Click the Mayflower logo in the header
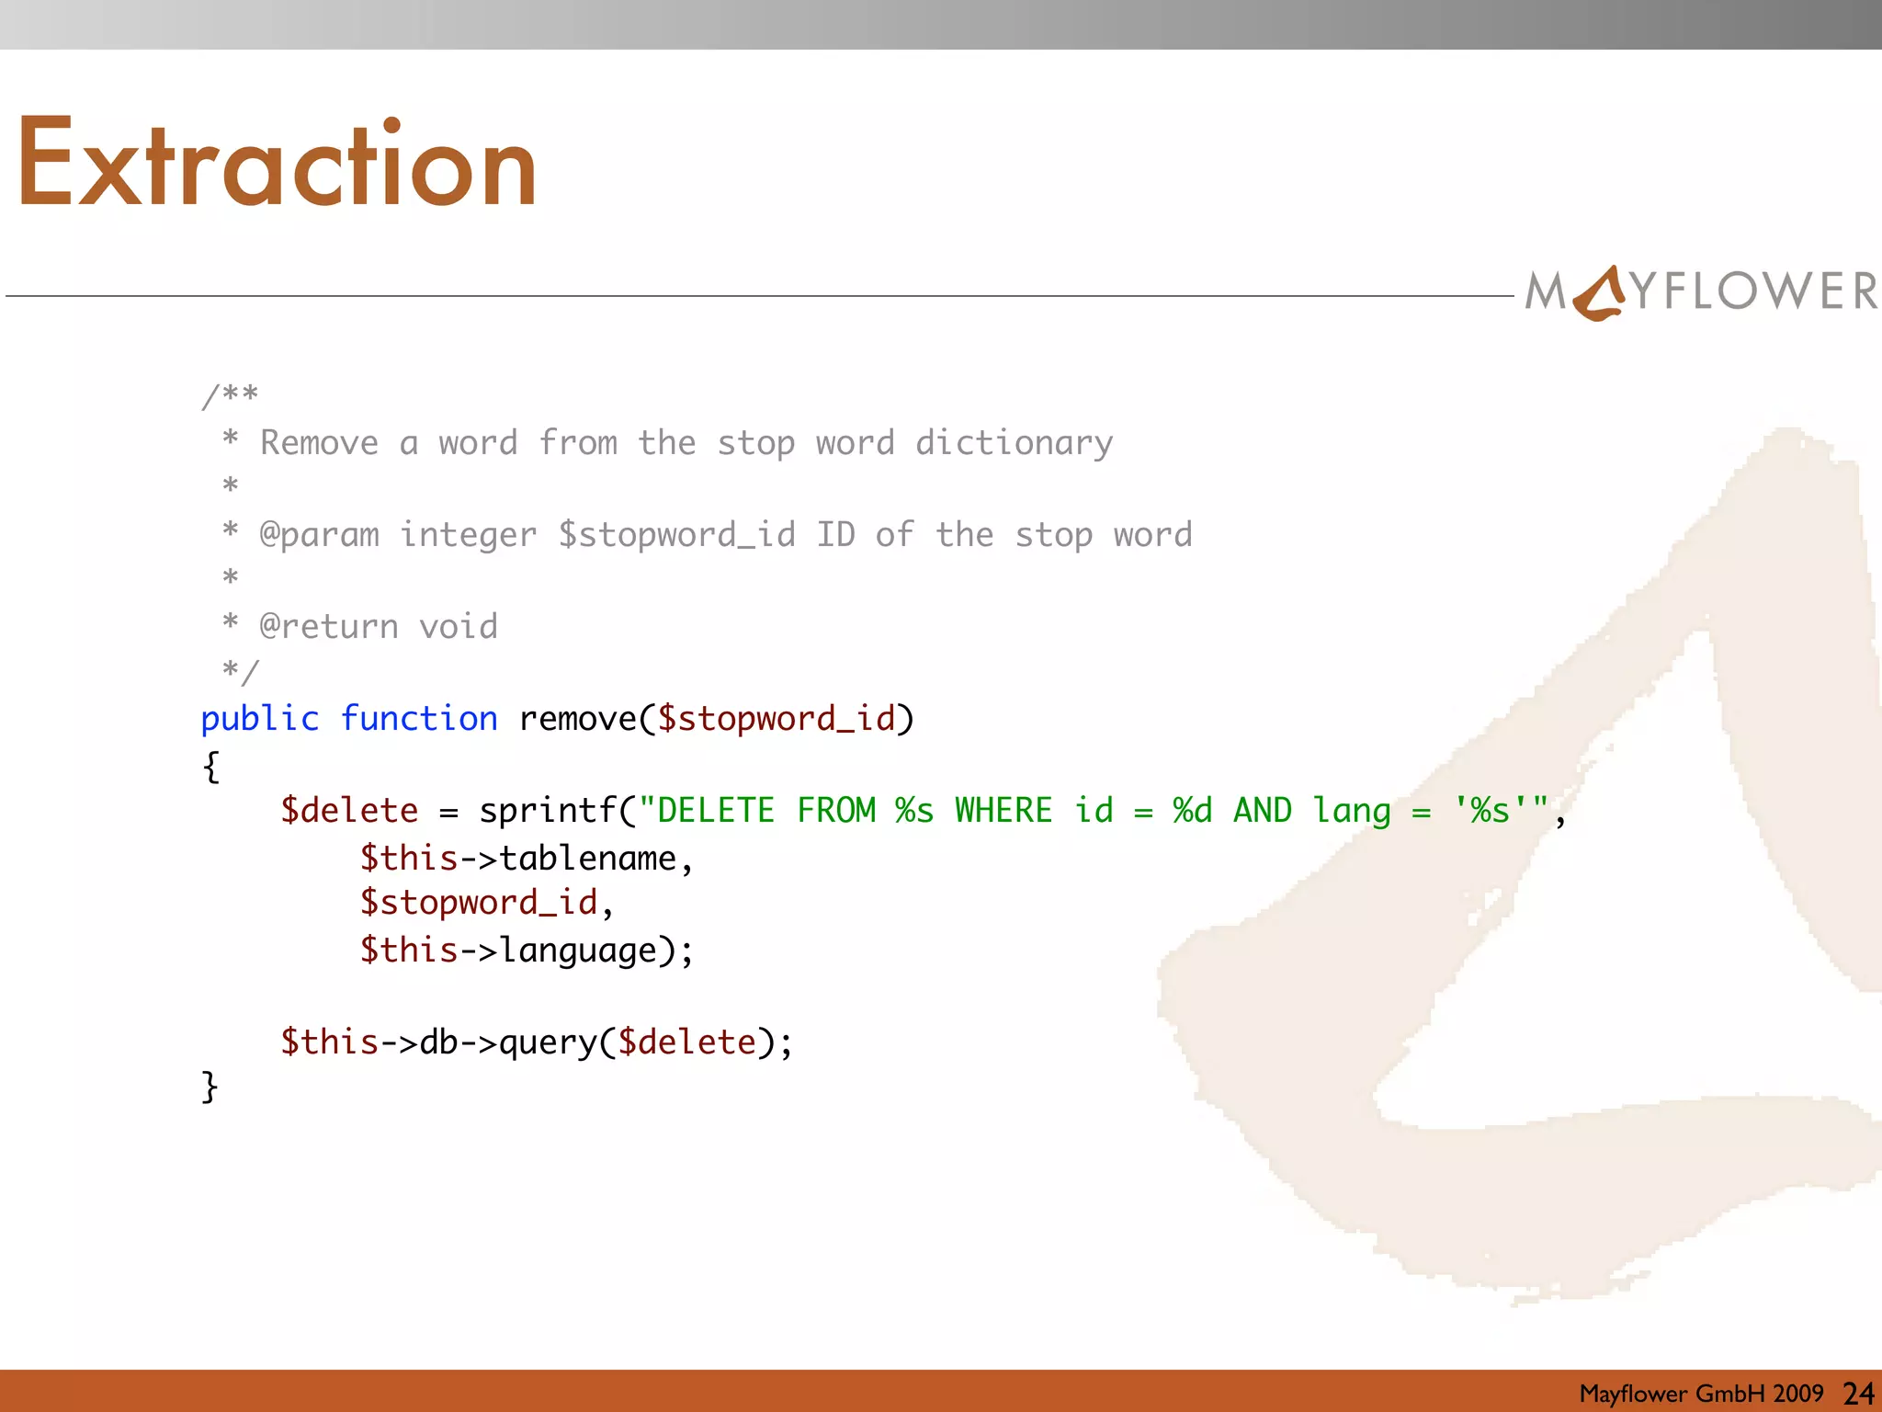[1701, 291]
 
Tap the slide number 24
[1858, 1394]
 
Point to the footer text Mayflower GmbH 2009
[1701, 1394]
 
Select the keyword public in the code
[260, 719]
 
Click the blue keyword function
[419, 719]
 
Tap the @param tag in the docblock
[319, 535]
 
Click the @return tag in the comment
[329, 627]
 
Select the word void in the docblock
[459, 627]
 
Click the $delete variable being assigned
[349, 811]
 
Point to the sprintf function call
[548, 811]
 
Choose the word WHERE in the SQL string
[1003, 811]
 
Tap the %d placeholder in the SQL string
[1192, 811]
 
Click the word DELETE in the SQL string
[716, 811]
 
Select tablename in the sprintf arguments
[587, 859]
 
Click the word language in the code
[579, 951]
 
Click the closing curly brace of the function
[210, 1087]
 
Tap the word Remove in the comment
[319, 443]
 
